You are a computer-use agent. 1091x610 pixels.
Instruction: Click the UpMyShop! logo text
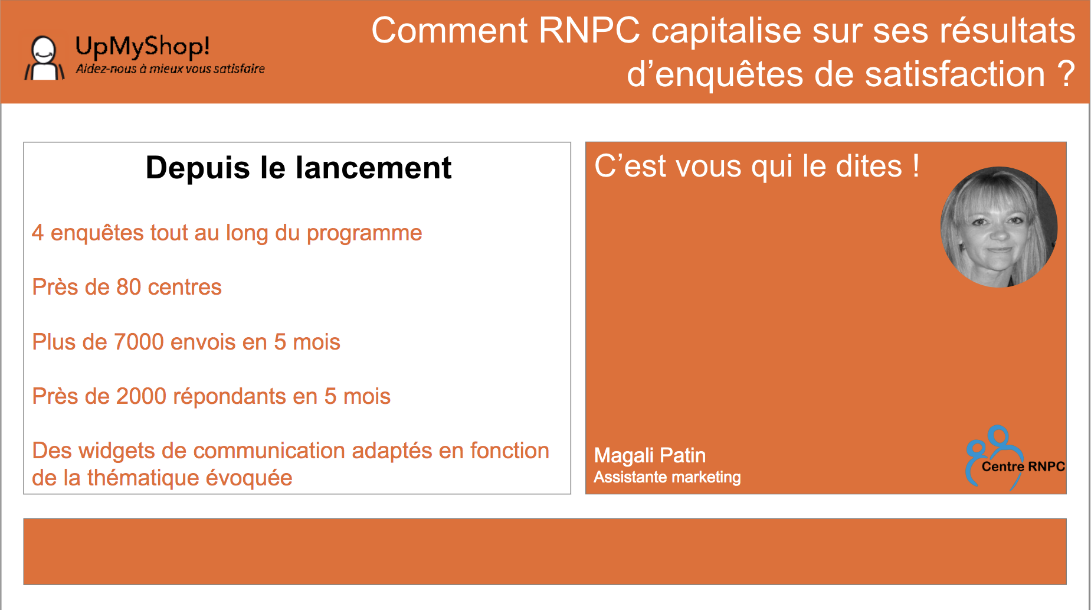point(142,47)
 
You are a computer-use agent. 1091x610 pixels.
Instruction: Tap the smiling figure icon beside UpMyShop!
point(44,58)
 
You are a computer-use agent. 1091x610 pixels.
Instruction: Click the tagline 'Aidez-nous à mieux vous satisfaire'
point(170,69)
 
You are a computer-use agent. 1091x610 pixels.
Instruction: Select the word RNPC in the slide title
point(589,30)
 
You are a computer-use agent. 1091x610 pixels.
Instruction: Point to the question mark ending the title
point(1066,74)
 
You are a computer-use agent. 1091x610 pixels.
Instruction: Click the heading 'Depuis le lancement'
point(299,168)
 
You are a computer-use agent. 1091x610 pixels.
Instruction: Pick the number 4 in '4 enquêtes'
point(38,233)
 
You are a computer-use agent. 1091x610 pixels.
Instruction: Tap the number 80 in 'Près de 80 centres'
point(129,287)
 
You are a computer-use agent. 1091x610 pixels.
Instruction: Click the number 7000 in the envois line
point(139,342)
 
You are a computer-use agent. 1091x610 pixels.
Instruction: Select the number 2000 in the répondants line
point(141,396)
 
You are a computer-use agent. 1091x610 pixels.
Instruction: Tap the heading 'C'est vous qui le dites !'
point(756,166)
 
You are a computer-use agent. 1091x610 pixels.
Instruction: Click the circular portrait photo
point(998,227)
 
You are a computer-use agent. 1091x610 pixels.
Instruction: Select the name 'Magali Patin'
point(650,455)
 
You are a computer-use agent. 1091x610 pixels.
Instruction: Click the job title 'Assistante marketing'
point(667,477)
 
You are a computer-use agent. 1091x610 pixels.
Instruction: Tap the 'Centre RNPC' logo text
point(1023,467)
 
